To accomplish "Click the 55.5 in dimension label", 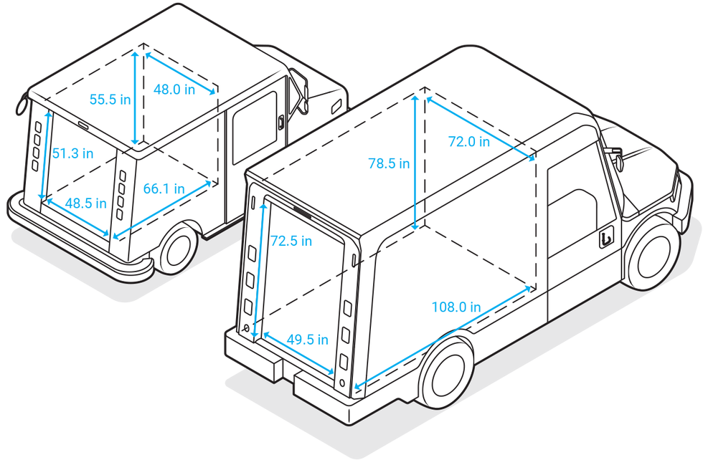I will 110,100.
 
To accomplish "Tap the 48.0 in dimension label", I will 174,89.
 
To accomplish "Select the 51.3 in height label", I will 73,153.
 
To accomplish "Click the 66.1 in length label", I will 164,188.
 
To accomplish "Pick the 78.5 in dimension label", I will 389,163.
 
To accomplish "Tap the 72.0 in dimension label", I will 469,142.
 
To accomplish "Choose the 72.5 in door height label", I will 291,241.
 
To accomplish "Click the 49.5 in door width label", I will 308,339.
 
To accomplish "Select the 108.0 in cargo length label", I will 456,307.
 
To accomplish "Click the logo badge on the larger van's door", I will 606,238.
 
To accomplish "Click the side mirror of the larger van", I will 612,153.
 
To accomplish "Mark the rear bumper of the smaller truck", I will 79,251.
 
